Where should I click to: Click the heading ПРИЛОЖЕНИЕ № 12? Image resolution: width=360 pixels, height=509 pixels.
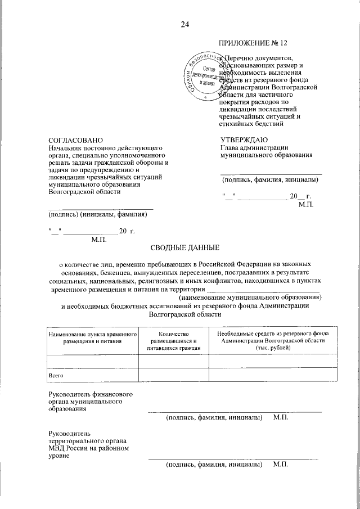pyautogui.click(x=254, y=44)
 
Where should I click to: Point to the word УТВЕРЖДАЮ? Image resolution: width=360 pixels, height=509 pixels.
pyautogui.click(x=244, y=139)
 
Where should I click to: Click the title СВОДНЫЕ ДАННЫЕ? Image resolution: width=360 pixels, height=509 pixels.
pyautogui.click(x=184, y=248)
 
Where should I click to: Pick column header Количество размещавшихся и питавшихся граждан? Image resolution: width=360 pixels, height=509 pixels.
pyautogui.click(x=174, y=341)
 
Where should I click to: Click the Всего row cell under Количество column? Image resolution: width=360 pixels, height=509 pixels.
pyautogui.click(x=174, y=375)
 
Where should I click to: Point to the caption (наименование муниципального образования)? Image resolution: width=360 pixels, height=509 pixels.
pyautogui.click(x=250, y=297)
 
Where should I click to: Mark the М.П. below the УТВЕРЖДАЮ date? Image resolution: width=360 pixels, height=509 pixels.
pyautogui.click(x=306, y=204)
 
